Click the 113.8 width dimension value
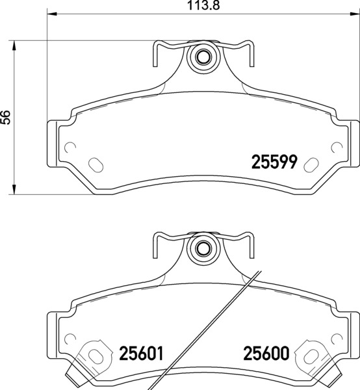tap(203, 5)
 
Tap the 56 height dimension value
tap(5, 118)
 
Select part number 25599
tap(274, 162)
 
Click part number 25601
tap(141, 354)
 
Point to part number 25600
tap(266, 354)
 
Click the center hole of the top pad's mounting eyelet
tap(203, 57)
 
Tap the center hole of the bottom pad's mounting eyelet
tap(203, 248)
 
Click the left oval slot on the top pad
tap(96, 165)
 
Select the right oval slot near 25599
tap(311, 165)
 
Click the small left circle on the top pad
tap(70, 148)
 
